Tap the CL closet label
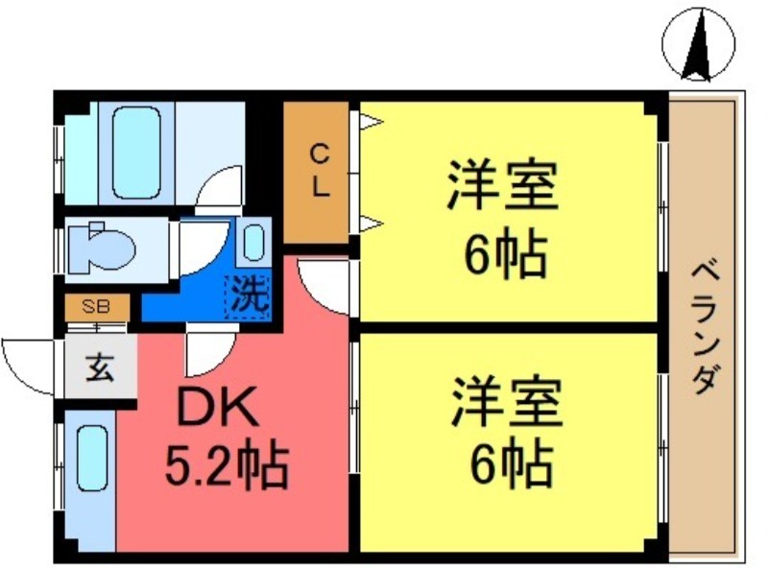319,170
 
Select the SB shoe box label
95,308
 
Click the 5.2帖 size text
227,467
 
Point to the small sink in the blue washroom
254,241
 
